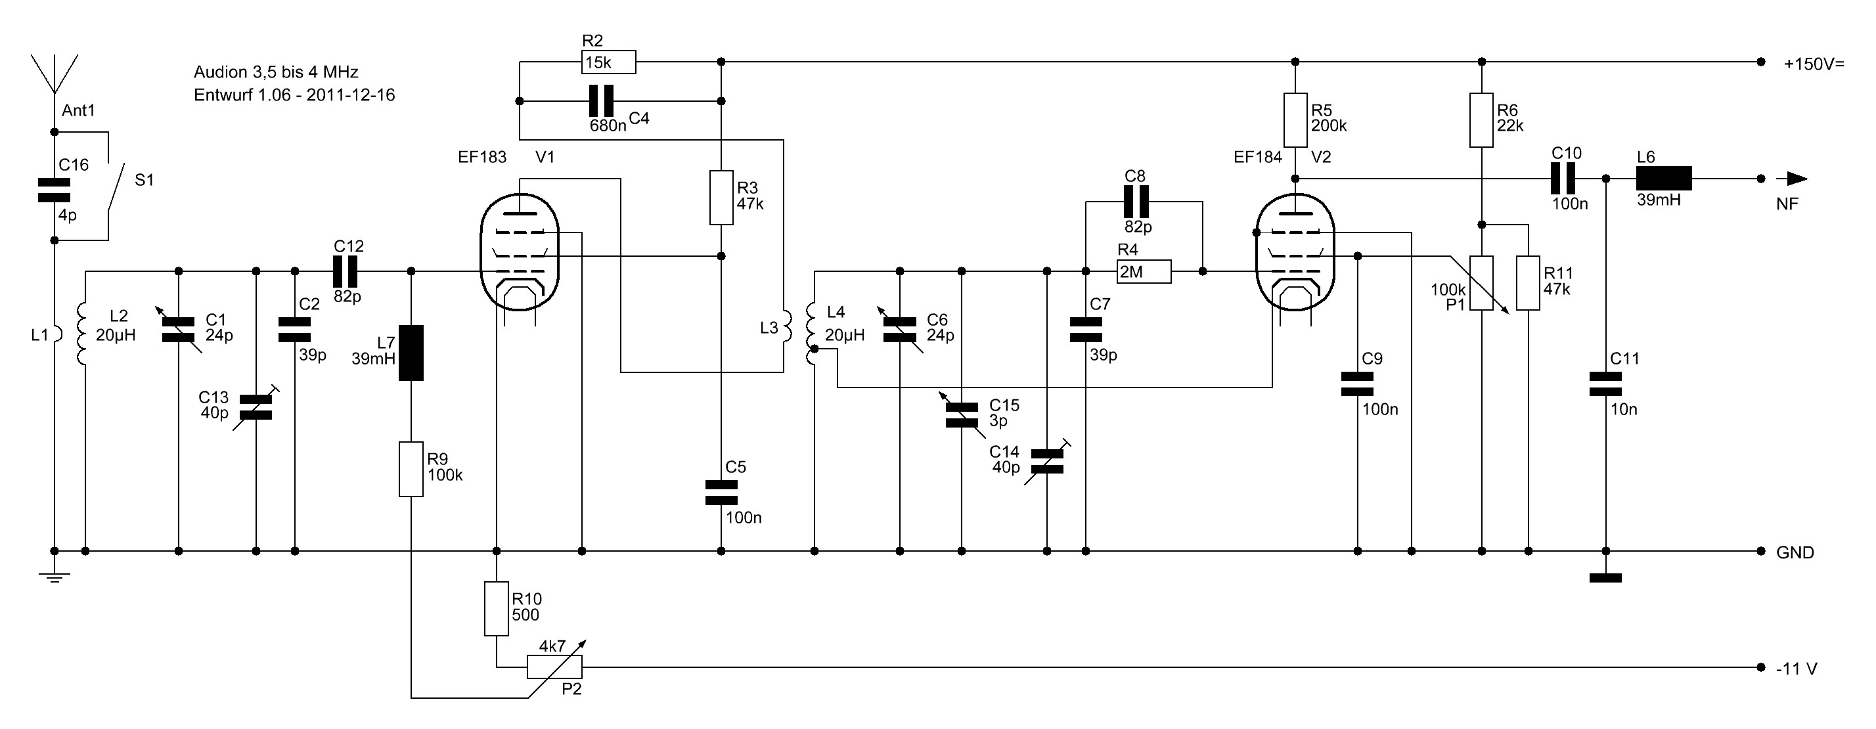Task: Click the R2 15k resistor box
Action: pos(609,62)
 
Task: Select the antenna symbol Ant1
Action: pos(54,73)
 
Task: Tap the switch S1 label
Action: pos(145,180)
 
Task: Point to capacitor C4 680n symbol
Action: pos(601,100)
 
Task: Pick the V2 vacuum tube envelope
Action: pos(1295,252)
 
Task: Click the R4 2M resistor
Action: pos(1144,272)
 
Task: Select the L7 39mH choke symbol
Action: pos(411,353)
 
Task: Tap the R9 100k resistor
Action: pos(411,469)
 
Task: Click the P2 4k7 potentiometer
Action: pos(554,667)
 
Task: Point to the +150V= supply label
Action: pos(1814,64)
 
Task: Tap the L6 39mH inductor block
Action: pos(1663,179)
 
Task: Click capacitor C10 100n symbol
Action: pos(1561,179)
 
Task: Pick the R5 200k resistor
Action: pos(1295,120)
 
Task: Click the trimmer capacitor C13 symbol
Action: pos(256,408)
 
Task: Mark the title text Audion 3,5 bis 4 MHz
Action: pos(276,72)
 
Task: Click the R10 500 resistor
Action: pos(497,608)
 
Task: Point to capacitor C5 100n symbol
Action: pos(721,493)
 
